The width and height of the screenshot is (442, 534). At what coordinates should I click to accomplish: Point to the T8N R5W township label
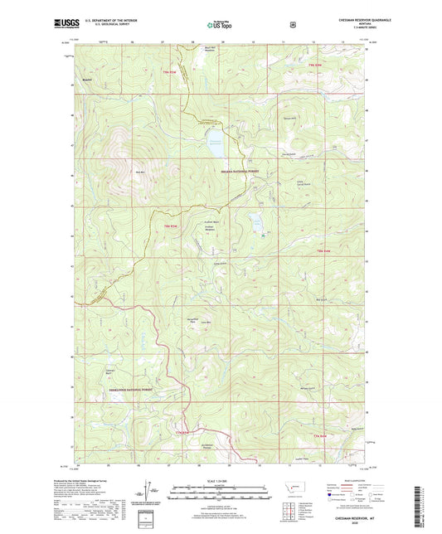tap(172, 226)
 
